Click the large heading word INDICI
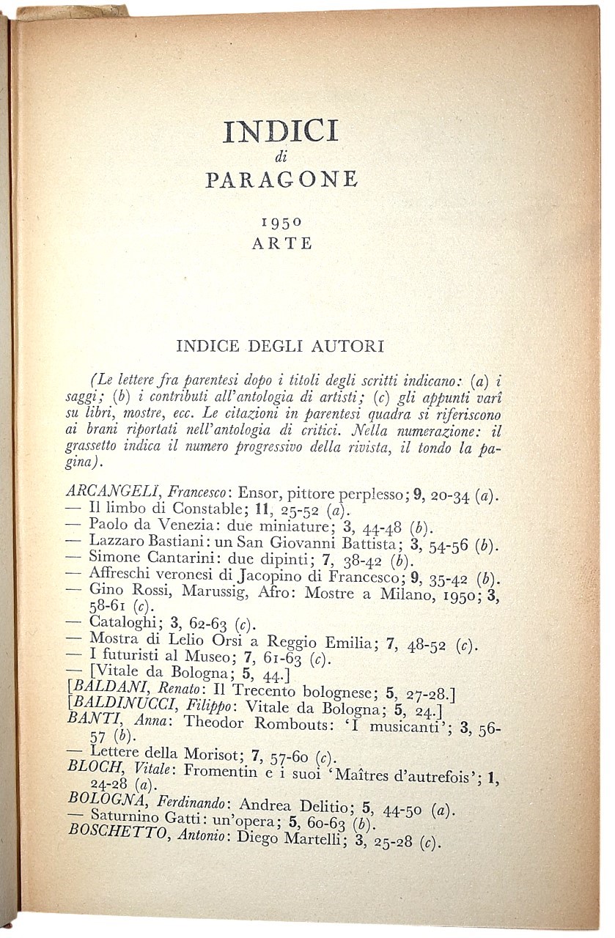[x=281, y=132]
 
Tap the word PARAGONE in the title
[x=281, y=180]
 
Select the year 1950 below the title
[x=281, y=220]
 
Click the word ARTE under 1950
[x=282, y=244]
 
